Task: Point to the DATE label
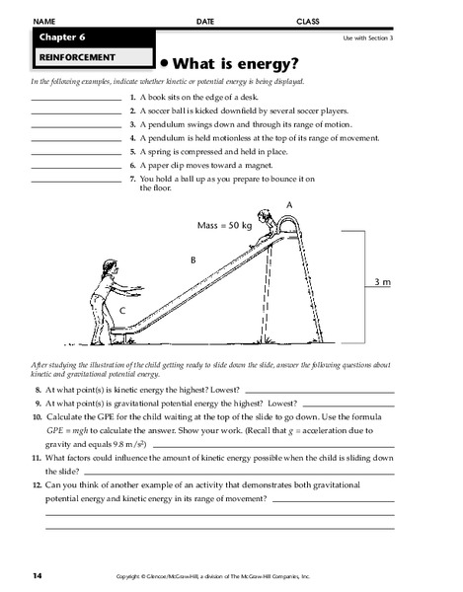click(x=205, y=20)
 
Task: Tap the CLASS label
click(x=309, y=20)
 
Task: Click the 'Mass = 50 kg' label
click(x=226, y=225)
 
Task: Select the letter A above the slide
click(x=289, y=202)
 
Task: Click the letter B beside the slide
click(x=193, y=260)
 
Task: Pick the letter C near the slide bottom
click(x=121, y=311)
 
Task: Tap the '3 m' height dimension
click(x=383, y=283)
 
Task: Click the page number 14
click(x=37, y=573)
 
